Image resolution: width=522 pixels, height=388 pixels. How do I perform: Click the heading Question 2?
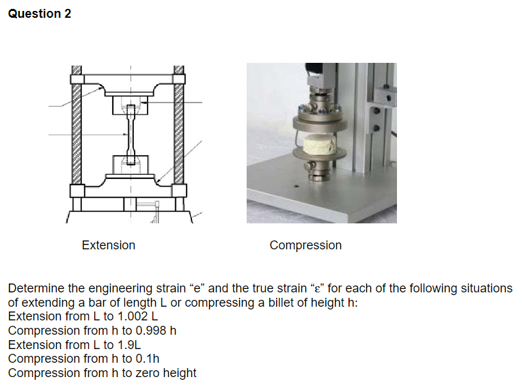coord(39,14)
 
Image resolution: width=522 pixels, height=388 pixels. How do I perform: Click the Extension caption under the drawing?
coord(108,245)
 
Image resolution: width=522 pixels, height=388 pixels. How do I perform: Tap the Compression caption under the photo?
coord(305,245)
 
